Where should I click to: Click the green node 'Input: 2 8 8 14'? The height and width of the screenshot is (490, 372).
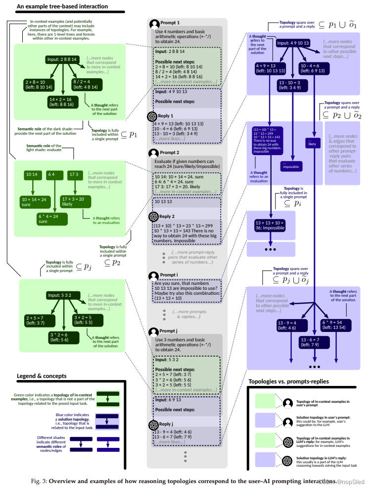pos(62,59)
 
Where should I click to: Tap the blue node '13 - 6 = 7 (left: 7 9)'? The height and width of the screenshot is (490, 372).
pos(315,342)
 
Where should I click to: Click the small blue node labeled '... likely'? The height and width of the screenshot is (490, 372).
pos(312,143)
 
